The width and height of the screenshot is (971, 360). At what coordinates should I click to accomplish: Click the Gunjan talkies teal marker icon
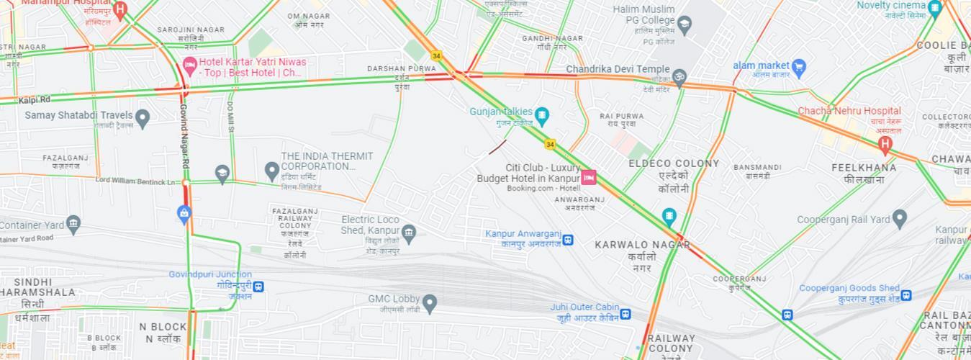click(x=542, y=114)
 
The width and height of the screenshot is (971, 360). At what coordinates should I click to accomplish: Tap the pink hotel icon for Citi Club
click(x=589, y=177)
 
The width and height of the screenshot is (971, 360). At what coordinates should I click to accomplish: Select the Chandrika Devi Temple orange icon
click(x=679, y=76)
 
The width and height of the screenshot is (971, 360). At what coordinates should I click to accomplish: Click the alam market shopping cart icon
click(x=798, y=68)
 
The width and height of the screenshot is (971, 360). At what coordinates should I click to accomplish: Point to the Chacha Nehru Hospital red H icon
click(x=885, y=144)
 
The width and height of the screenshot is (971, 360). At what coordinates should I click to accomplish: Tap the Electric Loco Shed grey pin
click(x=409, y=232)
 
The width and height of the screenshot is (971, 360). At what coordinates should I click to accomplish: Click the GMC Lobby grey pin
click(x=430, y=302)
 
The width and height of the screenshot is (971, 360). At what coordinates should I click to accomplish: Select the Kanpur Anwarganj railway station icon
click(x=567, y=239)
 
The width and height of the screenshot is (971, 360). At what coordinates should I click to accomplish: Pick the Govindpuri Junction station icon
click(x=258, y=287)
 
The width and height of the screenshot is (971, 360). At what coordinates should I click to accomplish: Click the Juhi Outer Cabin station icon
click(x=625, y=314)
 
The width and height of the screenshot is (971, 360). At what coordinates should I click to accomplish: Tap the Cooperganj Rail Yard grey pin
click(x=899, y=217)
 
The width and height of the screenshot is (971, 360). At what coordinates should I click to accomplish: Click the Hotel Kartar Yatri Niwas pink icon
click(x=190, y=67)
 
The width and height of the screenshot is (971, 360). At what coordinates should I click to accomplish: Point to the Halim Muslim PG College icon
click(x=684, y=26)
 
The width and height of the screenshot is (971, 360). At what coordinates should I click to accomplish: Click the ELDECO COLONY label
click(x=674, y=163)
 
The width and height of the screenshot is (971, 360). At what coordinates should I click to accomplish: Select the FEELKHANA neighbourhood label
click(x=864, y=168)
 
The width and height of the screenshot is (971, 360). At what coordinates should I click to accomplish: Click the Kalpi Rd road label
click(x=35, y=99)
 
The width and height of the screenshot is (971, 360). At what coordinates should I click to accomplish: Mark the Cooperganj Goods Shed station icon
click(x=906, y=295)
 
